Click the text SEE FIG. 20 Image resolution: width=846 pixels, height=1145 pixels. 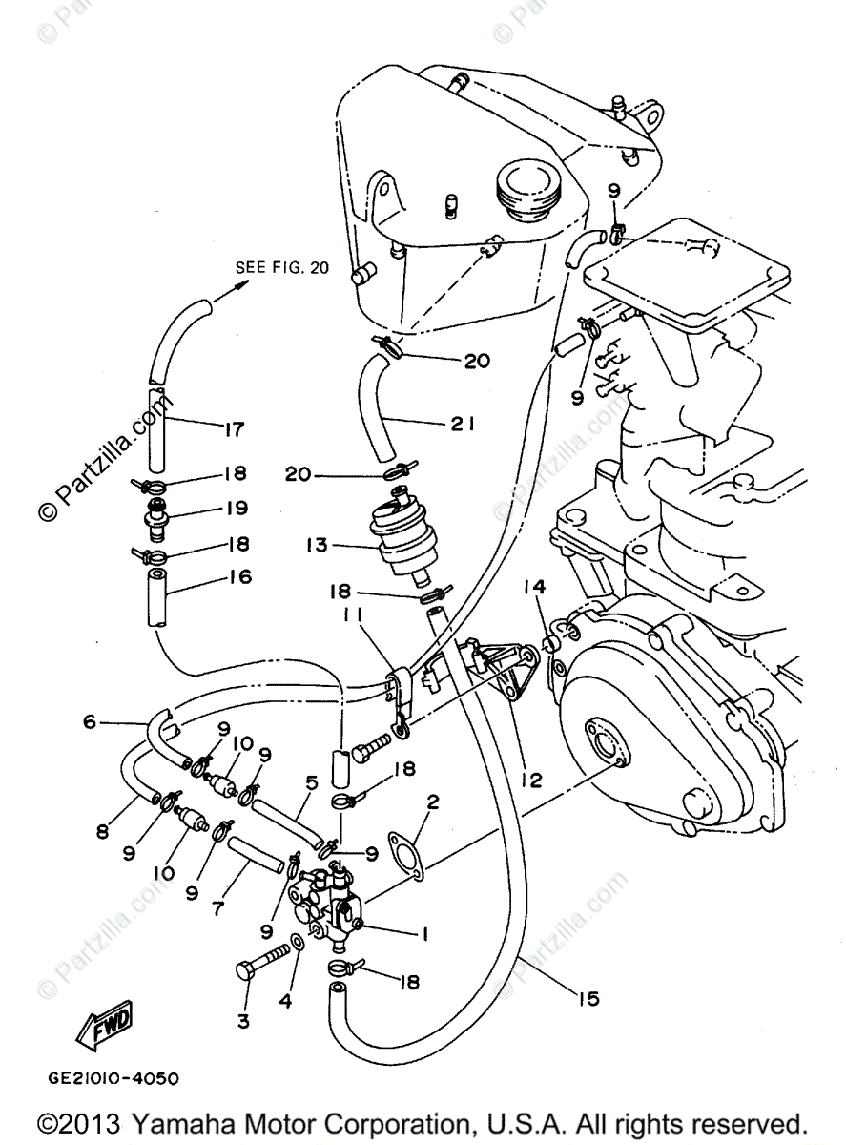point(281,267)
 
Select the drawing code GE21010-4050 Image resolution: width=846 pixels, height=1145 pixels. point(113,1079)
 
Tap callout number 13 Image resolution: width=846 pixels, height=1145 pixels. point(317,546)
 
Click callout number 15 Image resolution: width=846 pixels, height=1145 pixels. point(588,998)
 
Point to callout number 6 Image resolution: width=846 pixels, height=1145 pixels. point(91,722)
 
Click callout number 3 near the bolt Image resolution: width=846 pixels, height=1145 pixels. point(243,1021)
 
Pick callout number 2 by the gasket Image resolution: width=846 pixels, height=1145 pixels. point(431,802)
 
